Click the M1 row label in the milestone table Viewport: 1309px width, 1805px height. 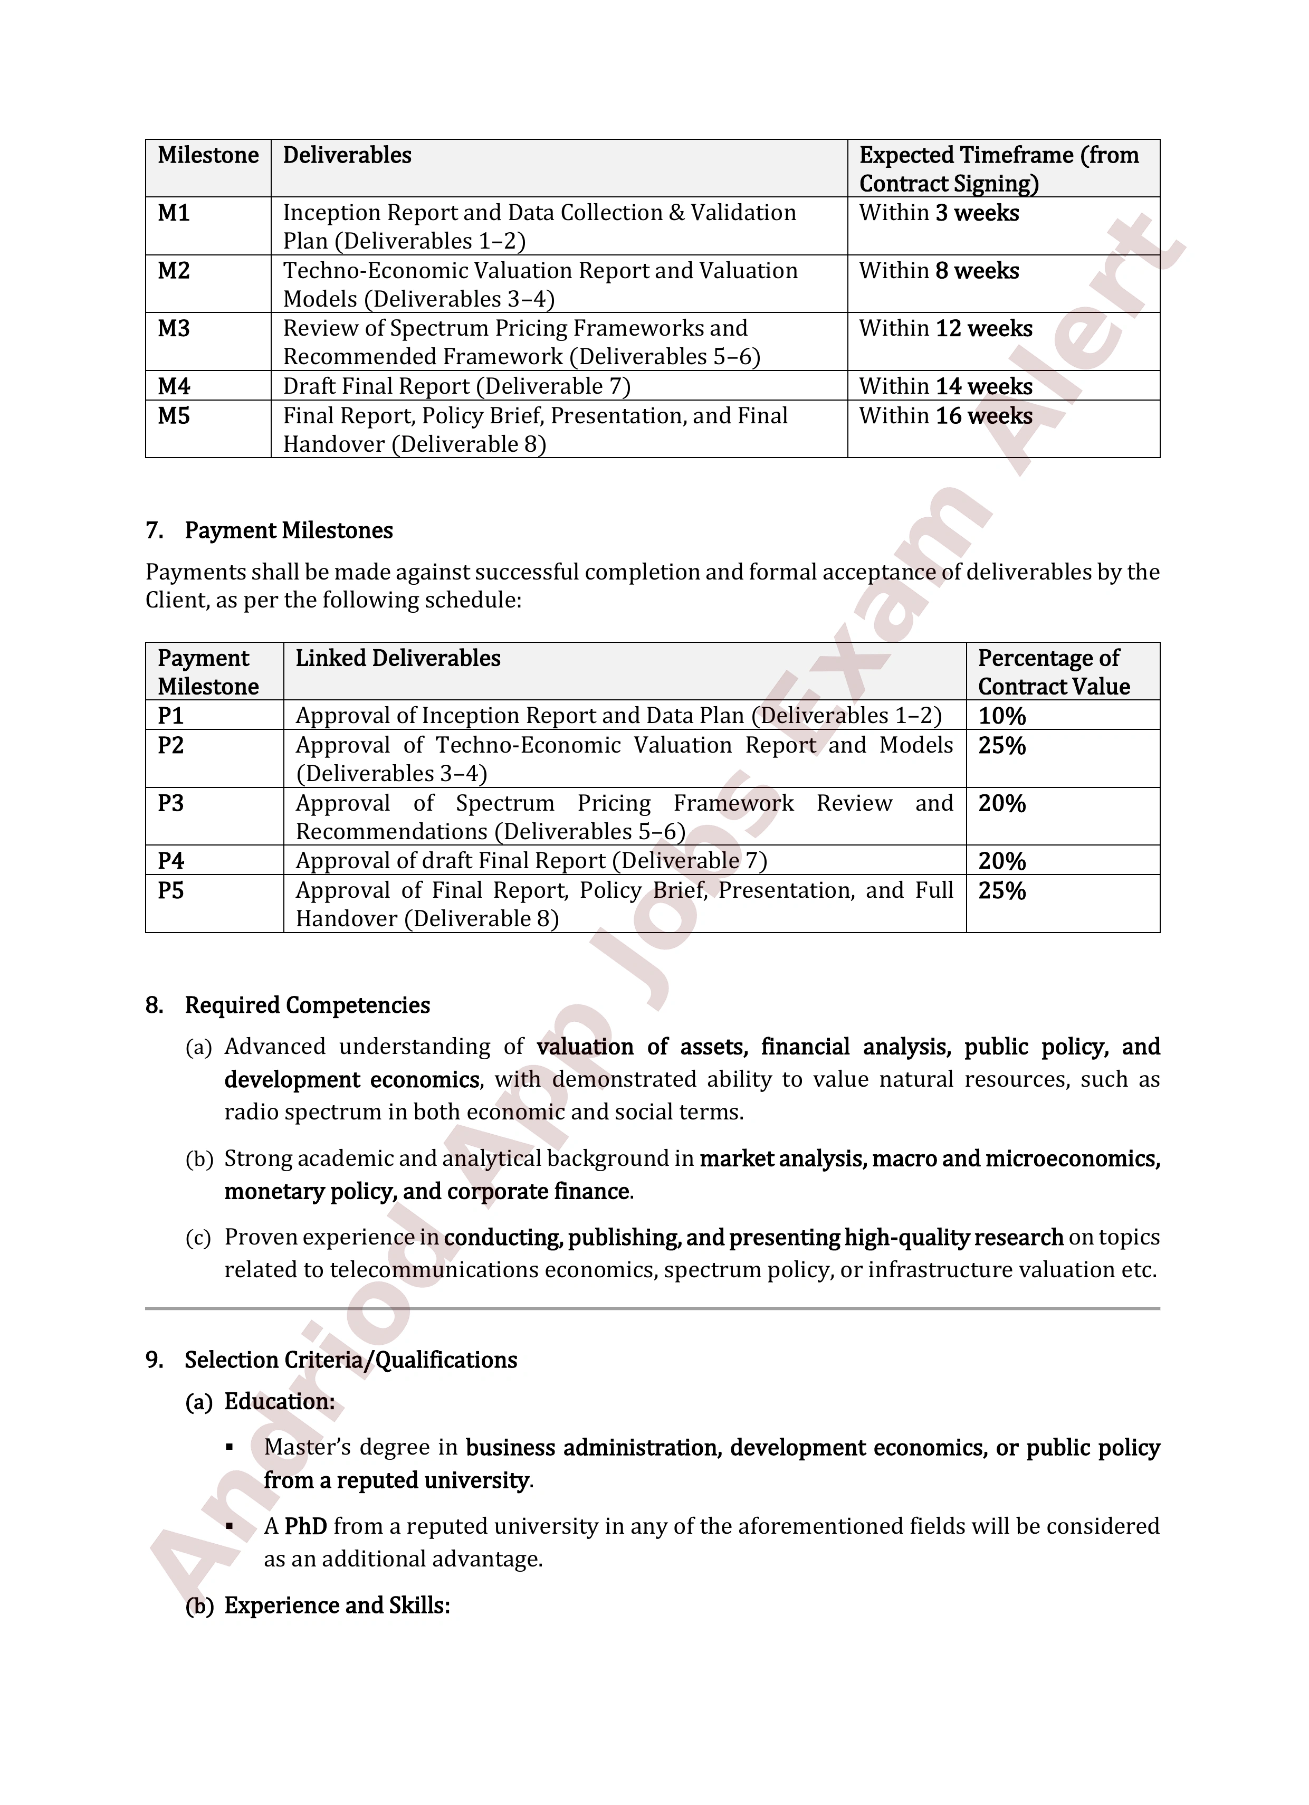tap(174, 213)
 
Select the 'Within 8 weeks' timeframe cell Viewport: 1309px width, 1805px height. tap(939, 271)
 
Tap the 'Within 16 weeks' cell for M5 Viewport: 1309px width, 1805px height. tap(945, 416)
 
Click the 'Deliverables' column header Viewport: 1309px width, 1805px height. tap(347, 155)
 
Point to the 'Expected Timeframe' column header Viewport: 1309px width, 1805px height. tap(999, 169)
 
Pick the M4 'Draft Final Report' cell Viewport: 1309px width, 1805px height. tap(457, 387)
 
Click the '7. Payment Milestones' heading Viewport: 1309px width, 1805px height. tap(269, 531)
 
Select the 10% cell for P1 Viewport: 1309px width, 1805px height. tap(1002, 716)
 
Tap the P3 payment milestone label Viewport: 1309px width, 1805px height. tap(170, 804)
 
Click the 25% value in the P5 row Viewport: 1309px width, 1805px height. tap(1002, 891)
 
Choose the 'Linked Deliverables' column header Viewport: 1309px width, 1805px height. tap(398, 659)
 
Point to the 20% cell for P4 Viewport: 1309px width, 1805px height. tap(1002, 861)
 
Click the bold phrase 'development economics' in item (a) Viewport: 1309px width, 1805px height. tap(352, 1080)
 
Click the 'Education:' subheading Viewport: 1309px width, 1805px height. tap(279, 1401)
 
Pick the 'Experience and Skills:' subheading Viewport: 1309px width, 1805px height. tap(337, 1606)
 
